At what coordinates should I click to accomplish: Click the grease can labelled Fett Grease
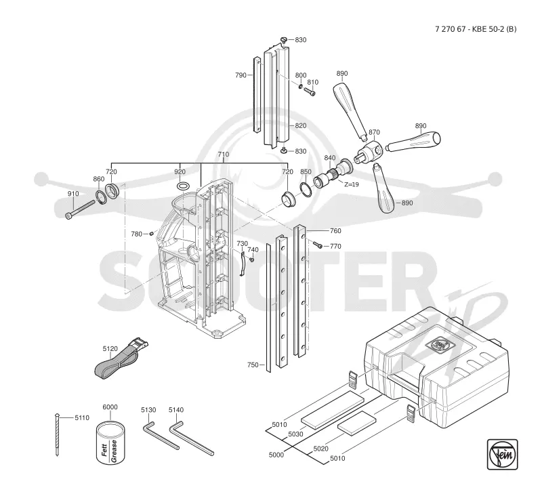click(110, 443)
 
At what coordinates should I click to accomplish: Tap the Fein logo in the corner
click(502, 454)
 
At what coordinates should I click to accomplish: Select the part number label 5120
click(110, 349)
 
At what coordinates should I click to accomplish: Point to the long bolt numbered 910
click(80, 209)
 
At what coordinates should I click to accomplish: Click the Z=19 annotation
click(352, 184)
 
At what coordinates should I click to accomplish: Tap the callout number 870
click(374, 132)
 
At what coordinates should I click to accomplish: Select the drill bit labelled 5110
click(57, 434)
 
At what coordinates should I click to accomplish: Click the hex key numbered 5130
click(161, 435)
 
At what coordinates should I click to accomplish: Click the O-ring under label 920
click(182, 186)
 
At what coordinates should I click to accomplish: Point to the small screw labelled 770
click(318, 245)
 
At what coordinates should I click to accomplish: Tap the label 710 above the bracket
click(224, 155)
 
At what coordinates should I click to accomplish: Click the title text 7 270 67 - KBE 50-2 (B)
click(476, 29)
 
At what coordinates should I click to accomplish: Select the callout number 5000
click(276, 455)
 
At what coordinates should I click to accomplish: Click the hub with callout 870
click(369, 152)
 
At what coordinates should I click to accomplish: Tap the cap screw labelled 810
click(310, 91)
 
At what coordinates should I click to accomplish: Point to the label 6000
click(110, 407)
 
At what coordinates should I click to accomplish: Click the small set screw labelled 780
click(151, 234)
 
